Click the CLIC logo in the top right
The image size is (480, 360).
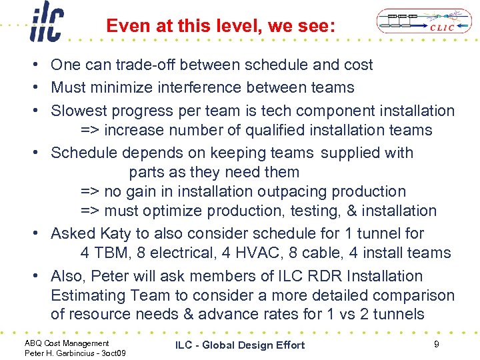click(417, 22)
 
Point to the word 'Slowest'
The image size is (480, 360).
click(78, 111)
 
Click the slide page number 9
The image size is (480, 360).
click(435, 344)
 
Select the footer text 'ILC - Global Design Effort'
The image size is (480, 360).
click(240, 345)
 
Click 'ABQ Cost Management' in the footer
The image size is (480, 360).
click(67, 343)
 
